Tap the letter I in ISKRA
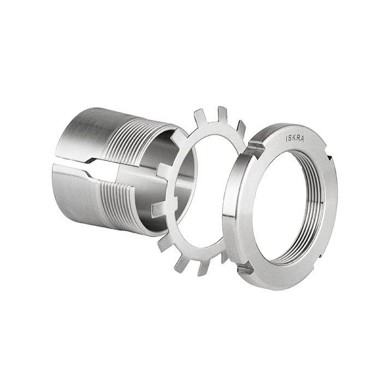(286, 139)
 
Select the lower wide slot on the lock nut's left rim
(246, 270)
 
